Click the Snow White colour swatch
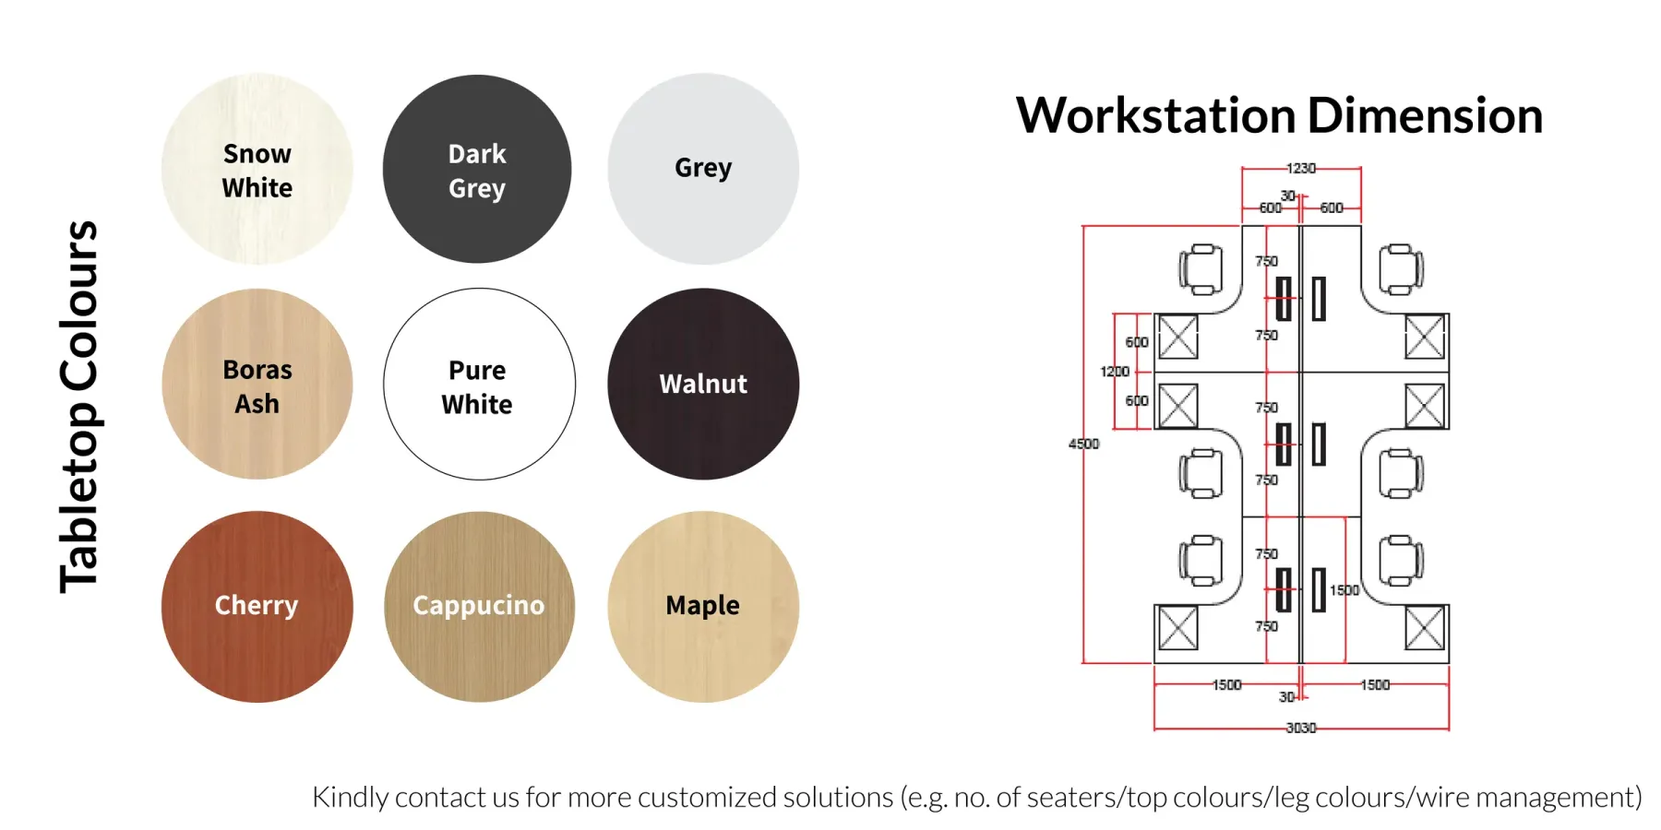click(257, 170)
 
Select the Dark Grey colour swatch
click(477, 170)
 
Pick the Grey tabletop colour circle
click(703, 170)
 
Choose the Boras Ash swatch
click(257, 385)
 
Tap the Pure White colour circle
click(479, 385)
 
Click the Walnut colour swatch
click(703, 385)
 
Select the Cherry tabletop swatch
click(257, 607)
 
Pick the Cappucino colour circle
click(479, 607)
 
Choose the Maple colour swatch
click(703, 607)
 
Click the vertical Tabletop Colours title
click(79, 407)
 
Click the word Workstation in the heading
click(1156, 115)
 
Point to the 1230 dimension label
click(1301, 168)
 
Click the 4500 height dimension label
click(1084, 444)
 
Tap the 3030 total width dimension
click(1301, 728)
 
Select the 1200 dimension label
click(1115, 371)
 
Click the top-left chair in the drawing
click(1201, 269)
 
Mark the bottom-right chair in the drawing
click(1401, 561)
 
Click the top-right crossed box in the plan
click(1425, 337)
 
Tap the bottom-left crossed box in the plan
click(1178, 628)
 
